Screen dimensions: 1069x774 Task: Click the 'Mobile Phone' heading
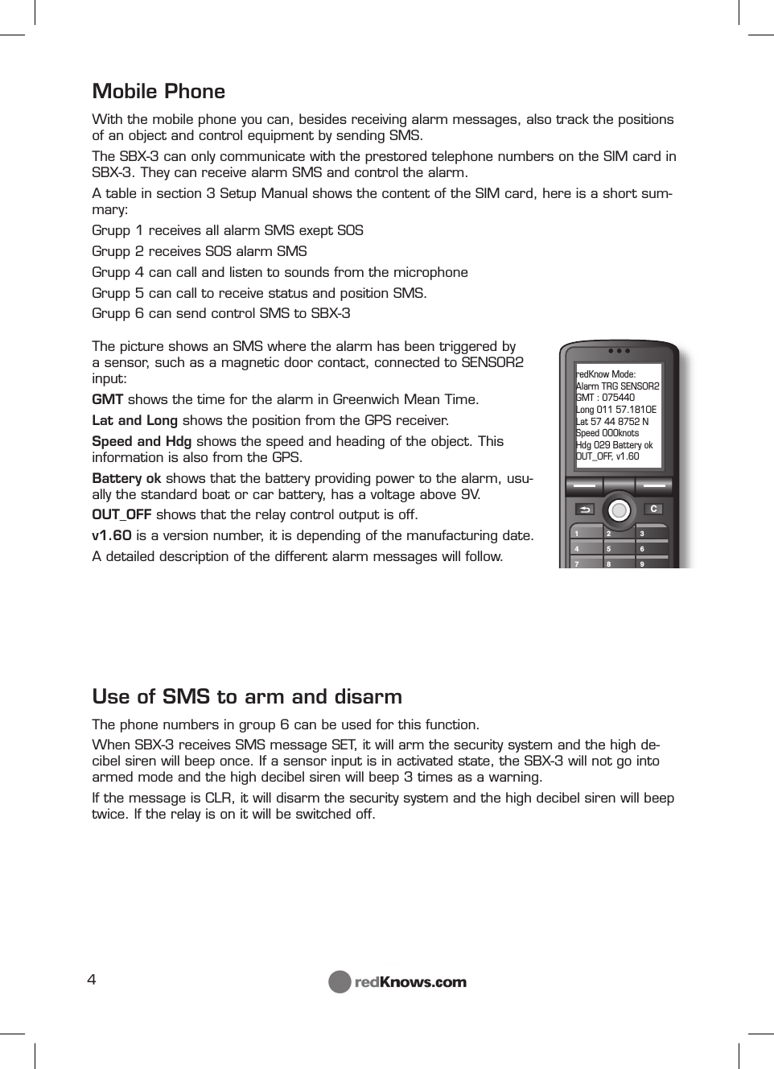point(159,91)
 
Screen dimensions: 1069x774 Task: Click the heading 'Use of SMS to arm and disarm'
point(247,696)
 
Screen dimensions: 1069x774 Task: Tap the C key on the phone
point(653,509)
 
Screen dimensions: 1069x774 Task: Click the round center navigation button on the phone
point(619,509)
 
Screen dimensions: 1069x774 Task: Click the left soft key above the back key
point(585,486)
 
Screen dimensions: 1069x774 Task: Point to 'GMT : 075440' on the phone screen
point(605,398)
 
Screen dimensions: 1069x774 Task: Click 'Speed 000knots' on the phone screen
point(607,433)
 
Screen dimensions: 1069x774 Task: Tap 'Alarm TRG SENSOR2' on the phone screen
point(617,386)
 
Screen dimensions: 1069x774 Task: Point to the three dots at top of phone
point(619,351)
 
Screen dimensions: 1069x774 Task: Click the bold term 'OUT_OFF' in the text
point(121,515)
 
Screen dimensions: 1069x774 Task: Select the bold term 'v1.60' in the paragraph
point(112,536)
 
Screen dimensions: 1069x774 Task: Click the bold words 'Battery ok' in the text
point(126,478)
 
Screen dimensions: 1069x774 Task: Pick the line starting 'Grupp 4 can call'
point(279,272)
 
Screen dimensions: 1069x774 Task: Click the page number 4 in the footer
point(92,980)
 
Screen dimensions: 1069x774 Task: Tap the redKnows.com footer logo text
point(410,982)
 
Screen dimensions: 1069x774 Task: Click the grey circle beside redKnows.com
point(340,982)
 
